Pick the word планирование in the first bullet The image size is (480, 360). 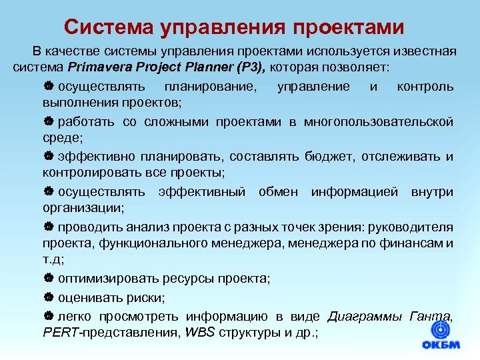coord(203,87)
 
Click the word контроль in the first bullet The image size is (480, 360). coord(425,87)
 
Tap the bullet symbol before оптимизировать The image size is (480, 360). coord(48,279)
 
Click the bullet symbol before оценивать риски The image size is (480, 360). coord(48,297)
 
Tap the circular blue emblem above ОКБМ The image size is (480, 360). coord(441,328)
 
